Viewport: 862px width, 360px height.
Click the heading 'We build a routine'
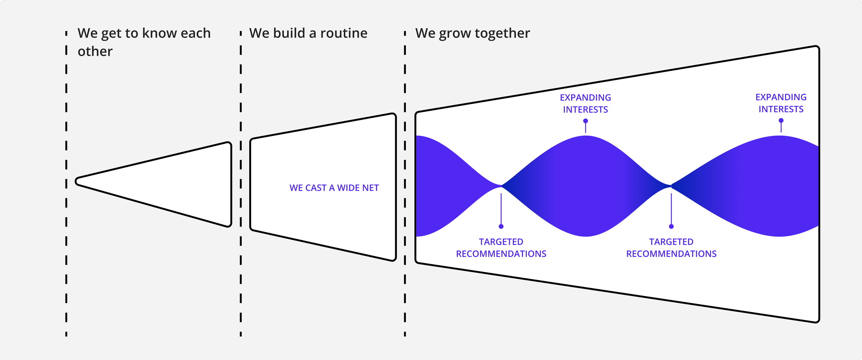coord(308,33)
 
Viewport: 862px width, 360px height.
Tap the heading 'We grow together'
coord(472,33)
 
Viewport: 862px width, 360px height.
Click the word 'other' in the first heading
coord(95,52)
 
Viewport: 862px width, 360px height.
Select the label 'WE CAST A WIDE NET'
coord(334,188)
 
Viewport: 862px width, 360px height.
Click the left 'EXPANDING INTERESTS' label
coord(585,103)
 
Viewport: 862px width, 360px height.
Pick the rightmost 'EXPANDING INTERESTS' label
coord(781,103)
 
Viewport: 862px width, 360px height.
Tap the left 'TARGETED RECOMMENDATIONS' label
coord(501,248)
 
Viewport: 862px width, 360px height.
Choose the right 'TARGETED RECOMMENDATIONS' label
coord(671,248)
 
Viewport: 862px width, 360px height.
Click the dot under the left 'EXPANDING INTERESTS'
coord(585,121)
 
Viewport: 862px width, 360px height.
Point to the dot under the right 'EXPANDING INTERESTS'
coord(781,121)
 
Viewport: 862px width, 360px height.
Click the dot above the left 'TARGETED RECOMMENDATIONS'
coord(501,227)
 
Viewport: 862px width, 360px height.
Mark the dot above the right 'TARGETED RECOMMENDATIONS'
coord(671,227)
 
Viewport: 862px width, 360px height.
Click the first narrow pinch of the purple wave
coord(501,186)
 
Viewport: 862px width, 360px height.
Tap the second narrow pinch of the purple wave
coord(671,186)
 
